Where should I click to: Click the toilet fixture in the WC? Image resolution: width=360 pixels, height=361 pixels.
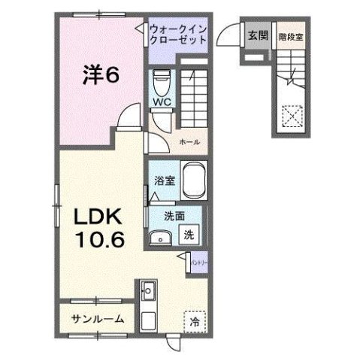click(160, 80)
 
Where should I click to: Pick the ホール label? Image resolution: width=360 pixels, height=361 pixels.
click(189, 141)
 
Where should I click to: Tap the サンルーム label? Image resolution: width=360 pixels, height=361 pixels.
click(98, 319)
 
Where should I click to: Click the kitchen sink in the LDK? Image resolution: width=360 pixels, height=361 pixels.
click(147, 290)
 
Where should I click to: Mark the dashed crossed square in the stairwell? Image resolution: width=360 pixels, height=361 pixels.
click(290, 117)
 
